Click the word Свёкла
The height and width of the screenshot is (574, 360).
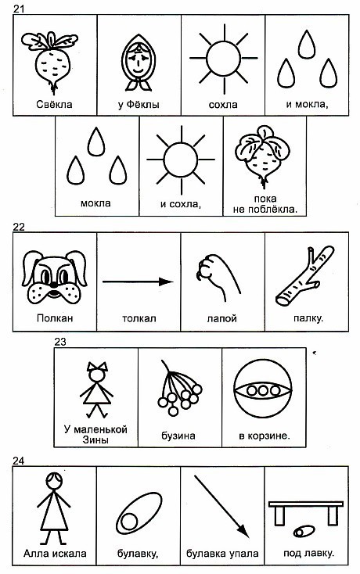tap(54, 105)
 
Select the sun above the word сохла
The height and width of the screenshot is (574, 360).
tap(223, 59)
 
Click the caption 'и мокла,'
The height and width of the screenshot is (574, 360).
tap(307, 105)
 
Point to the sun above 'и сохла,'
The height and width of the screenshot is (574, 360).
tap(181, 160)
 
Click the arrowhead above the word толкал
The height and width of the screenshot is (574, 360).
tap(166, 282)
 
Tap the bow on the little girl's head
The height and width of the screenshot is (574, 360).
tap(97, 367)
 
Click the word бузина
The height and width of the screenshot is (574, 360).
tap(178, 436)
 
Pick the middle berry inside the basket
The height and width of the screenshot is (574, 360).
tap(263, 390)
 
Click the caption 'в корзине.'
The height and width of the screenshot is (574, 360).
tap(264, 436)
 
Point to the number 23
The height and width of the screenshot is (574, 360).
tap(60, 342)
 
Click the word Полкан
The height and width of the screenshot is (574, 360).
tap(55, 317)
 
